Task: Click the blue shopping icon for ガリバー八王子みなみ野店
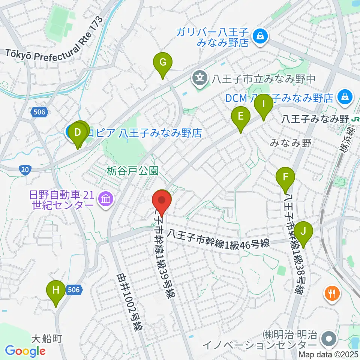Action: (259, 36)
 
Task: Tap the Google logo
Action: (25, 351)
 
